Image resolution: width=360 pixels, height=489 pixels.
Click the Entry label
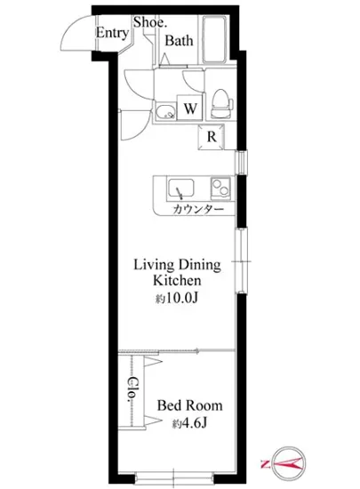click(x=112, y=33)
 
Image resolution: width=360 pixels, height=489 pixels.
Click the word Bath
click(x=179, y=41)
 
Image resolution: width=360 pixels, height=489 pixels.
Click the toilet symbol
click(x=221, y=104)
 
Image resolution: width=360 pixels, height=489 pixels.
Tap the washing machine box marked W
click(x=190, y=108)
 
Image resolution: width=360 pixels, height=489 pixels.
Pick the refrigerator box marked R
click(x=212, y=137)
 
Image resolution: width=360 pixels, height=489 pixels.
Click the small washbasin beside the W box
click(x=166, y=111)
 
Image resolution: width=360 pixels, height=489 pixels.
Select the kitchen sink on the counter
click(x=180, y=188)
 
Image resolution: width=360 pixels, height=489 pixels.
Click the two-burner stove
click(x=220, y=188)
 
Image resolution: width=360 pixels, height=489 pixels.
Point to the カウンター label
click(x=198, y=209)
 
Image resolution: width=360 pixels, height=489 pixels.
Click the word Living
click(x=154, y=265)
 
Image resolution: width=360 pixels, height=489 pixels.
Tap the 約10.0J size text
click(x=177, y=298)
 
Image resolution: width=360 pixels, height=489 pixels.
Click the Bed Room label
click(x=190, y=405)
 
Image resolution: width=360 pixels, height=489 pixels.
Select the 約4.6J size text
click(x=190, y=423)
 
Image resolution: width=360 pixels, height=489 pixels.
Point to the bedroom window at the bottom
click(x=174, y=477)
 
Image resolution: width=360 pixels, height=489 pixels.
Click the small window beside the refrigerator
click(x=241, y=162)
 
